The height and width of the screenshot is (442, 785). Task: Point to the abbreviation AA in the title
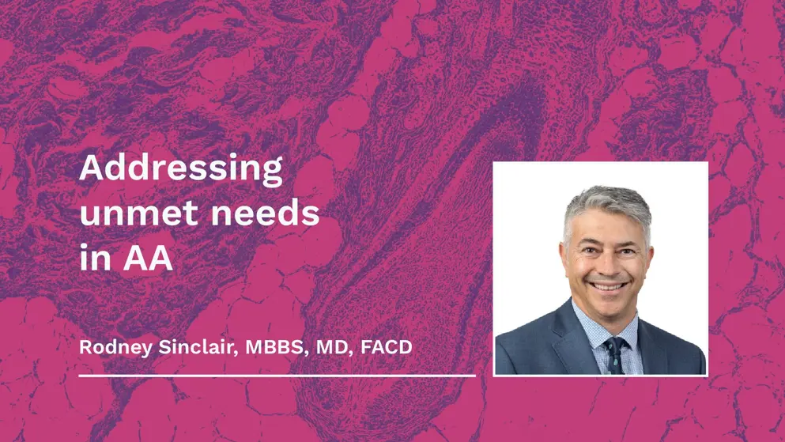tap(147, 259)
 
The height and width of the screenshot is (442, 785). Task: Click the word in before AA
tap(95, 259)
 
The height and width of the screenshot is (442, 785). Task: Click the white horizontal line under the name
tap(277, 376)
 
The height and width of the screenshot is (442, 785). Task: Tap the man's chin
tap(607, 308)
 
